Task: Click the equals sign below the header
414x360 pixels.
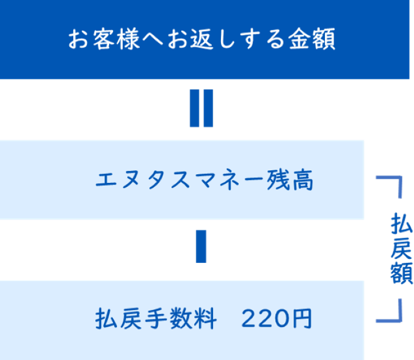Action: click(x=201, y=109)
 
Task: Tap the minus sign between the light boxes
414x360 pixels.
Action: click(x=201, y=246)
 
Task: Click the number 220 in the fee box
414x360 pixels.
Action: click(x=268, y=318)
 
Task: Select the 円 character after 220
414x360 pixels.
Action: click(x=304, y=318)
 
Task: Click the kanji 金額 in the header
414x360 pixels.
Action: click(x=312, y=39)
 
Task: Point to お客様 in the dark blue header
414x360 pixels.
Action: click(x=104, y=39)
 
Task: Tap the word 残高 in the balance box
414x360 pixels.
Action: click(x=290, y=181)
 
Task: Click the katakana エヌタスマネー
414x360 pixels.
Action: click(x=179, y=181)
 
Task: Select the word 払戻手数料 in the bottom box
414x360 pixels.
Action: click(x=156, y=318)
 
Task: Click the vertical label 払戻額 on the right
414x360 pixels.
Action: click(x=401, y=248)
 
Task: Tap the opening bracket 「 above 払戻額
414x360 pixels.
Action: click(x=389, y=187)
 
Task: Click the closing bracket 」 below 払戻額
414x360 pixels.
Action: click(x=389, y=311)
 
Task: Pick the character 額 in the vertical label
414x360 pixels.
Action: click(x=401, y=273)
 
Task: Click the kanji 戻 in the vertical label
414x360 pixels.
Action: click(x=401, y=248)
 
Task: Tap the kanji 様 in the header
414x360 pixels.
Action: click(x=128, y=39)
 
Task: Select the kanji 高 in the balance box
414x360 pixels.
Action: click(x=302, y=181)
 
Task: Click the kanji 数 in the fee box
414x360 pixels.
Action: click(x=180, y=318)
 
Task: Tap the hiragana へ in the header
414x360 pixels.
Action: click(x=152, y=40)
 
